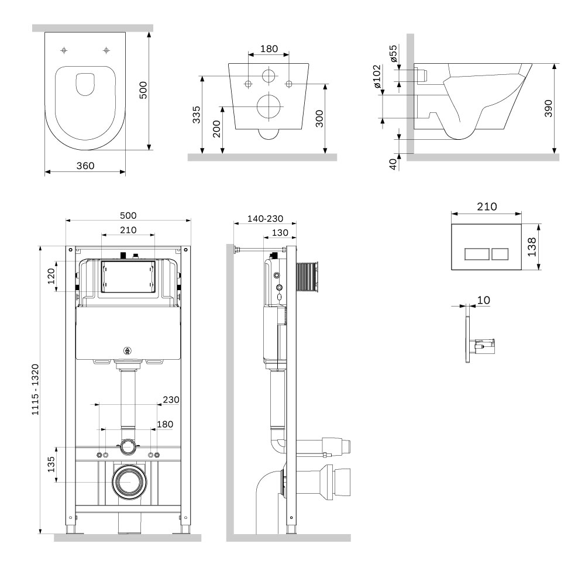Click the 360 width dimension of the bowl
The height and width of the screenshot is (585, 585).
pyautogui.click(x=85, y=166)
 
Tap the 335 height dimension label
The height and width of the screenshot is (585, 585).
pyautogui.click(x=196, y=115)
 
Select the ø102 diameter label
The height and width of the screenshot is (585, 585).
pyautogui.click(x=377, y=77)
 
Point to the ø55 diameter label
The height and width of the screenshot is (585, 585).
pyautogui.click(x=393, y=53)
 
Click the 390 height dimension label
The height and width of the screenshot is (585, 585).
pyautogui.click(x=548, y=108)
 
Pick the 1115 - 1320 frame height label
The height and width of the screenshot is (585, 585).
pyautogui.click(x=35, y=390)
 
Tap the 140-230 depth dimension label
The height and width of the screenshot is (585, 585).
pyautogui.click(x=265, y=219)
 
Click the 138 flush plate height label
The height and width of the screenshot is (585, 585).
pyautogui.click(x=532, y=247)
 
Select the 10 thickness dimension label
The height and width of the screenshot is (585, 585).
pyautogui.click(x=484, y=300)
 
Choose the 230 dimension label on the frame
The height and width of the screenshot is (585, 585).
pyautogui.click(x=171, y=400)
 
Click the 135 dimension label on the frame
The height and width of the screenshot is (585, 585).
pyautogui.click(x=51, y=464)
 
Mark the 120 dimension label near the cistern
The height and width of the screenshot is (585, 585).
pyautogui.click(x=51, y=276)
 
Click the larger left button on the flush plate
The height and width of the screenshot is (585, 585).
pyautogui.click(x=477, y=254)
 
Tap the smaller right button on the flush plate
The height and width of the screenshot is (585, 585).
pyautogui.click(x=500, y=254)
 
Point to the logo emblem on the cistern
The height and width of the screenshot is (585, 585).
pyautogui.click(x=127, y=350)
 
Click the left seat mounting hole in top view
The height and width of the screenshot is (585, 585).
pyautogui.click(x=64, y=50)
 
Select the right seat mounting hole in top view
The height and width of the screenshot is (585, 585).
pyautogui.click(x=106, y=50)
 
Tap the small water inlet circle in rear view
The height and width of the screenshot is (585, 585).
pyautogui.click(x=269, y=75)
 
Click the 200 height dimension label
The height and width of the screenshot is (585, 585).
pyautogui.click(x=216, y=129)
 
